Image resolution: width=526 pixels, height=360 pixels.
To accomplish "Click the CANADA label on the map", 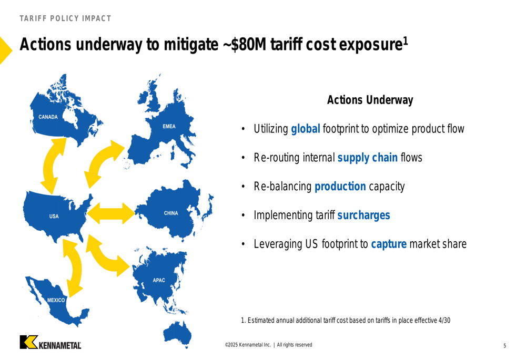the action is click(x=48, y=117).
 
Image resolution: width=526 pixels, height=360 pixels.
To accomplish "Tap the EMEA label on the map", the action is click(x=169, y=126).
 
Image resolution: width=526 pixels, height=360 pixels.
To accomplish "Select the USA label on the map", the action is click(x=54, y=216).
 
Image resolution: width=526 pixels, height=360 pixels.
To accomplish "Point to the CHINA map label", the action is click(x=171, y=213).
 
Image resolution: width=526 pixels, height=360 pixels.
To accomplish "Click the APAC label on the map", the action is click(x=159, y=280).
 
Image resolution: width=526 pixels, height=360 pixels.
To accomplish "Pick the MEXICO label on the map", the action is click(x=56, y=300).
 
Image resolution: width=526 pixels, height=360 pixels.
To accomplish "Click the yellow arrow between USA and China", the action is click(x=111, y=213).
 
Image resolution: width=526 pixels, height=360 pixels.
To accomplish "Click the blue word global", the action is click(x=305, y=129).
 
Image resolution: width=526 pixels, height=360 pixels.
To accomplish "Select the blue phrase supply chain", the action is click(x=367, y=158).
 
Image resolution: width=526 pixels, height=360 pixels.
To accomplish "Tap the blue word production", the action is click(x=340, y=187).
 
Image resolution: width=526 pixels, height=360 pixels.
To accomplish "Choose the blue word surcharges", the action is click(x=363, y=215).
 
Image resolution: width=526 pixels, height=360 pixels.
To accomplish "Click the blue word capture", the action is click(x=389, y=244).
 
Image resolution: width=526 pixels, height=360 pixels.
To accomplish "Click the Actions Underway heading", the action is click(x=370, y=100).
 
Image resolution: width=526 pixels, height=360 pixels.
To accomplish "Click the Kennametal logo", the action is click(x=50, y=342).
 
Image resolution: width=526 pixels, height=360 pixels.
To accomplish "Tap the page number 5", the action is click(x=504, y=346).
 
